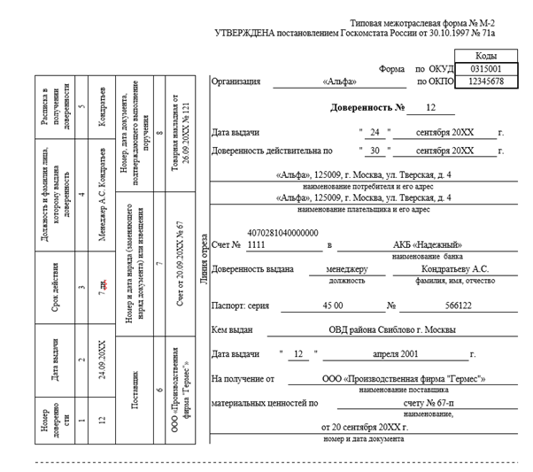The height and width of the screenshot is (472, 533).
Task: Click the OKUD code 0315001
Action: (484, 68)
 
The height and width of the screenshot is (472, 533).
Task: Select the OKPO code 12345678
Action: (484, 81)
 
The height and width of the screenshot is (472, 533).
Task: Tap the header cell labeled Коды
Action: (484, 55)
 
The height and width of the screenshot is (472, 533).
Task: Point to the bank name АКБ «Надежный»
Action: (428, 244)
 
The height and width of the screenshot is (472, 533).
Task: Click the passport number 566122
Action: (458, 306)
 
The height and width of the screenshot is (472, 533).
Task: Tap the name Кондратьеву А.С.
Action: (454, 268)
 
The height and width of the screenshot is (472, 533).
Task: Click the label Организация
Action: (236, 81)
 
